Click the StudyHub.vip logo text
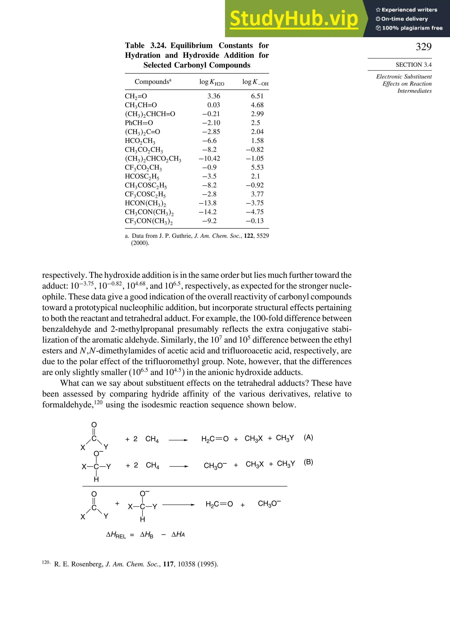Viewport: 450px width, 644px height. (294, 19)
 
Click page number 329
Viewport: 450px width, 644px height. (423, 47)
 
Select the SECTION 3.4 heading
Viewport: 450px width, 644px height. (413, 65)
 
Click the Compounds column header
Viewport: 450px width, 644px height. (153, 82)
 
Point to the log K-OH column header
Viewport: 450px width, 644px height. (255, 82)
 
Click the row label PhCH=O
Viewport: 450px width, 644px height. (139, 123)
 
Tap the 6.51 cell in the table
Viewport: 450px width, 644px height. (257, 96)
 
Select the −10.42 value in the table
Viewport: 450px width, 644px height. (209, 158)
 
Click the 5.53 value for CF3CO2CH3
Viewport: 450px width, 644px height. (257, 167)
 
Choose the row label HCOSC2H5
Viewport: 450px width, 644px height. (142, 177)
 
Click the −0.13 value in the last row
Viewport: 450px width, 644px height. (255, 221)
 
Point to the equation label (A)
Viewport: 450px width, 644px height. (308, 437)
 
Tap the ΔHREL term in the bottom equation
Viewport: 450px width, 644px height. (116, 535)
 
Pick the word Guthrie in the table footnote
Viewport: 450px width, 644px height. (181, 236)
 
